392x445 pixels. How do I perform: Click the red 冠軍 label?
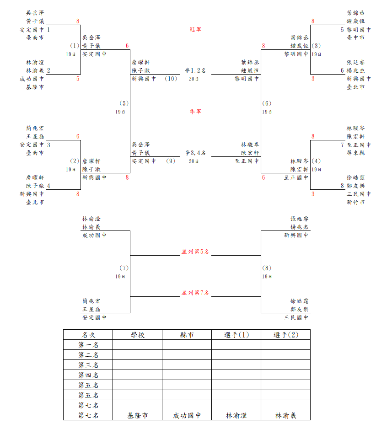tap(195, 29)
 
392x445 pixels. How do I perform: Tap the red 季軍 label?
tap(195, 112)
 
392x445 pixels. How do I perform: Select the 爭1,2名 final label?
tap(195, 70)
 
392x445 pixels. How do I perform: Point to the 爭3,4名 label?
tap(195, 153)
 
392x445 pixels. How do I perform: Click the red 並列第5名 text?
tap(195, 252)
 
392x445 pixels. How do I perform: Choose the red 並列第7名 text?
tap(195, 293)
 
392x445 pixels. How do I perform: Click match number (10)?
tap(171, 79)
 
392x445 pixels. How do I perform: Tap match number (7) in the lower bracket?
tap(124, 268)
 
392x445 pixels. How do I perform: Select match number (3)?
tap(316, 46)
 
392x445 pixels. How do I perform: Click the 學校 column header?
tap(138, 335)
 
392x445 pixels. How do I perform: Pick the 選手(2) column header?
tap(286, 335)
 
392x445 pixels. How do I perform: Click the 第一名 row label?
tap(88, 345)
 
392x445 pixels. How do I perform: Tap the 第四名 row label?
tap(88, 375)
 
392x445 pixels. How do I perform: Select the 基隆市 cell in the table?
tap(138, 415)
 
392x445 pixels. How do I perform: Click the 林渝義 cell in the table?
tap(286, 415)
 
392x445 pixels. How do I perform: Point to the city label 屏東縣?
tap(356, 153)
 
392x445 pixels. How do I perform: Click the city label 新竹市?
tap(356, 202)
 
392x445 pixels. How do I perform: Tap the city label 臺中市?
tap(356, 38)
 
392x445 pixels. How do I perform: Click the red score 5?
tap(78, 79)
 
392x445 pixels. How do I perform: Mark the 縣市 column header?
tap(187, 335)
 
